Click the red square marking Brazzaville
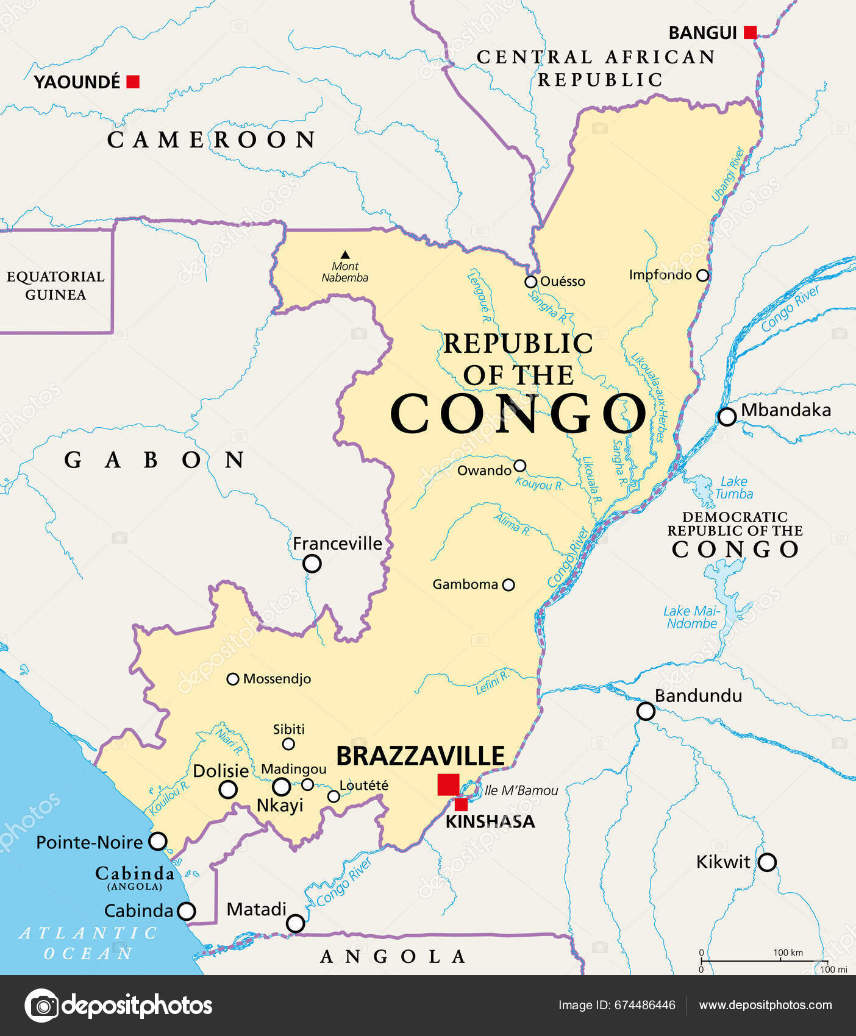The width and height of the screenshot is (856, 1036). point(448,784)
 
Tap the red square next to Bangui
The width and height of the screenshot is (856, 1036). point(751,33)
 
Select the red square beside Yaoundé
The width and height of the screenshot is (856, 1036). point(133,82)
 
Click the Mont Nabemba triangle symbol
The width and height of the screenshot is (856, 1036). point(345,255)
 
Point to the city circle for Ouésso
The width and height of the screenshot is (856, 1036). point(530,282)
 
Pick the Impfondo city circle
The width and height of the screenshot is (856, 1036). point(702,275)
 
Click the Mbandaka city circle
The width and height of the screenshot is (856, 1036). point(727,417)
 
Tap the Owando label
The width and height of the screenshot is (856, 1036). point(484,470)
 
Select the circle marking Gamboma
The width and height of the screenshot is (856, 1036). point(508,585)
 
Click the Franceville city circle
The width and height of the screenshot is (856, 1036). point(312,564)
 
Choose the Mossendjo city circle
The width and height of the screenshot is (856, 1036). point(232,679)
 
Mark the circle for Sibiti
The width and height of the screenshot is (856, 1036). point(288,744)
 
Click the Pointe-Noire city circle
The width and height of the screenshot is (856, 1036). point(158,842)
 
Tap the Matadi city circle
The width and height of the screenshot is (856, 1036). point(296,923)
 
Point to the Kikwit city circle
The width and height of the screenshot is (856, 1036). point(767,862)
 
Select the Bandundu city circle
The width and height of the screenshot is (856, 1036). point(646,711)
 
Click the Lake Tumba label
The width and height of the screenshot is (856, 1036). point(733,488)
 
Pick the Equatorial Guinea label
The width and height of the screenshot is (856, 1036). point(55,285)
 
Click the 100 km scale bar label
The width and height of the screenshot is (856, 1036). point(788,953)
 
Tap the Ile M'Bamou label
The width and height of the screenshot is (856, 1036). point(521,790)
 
